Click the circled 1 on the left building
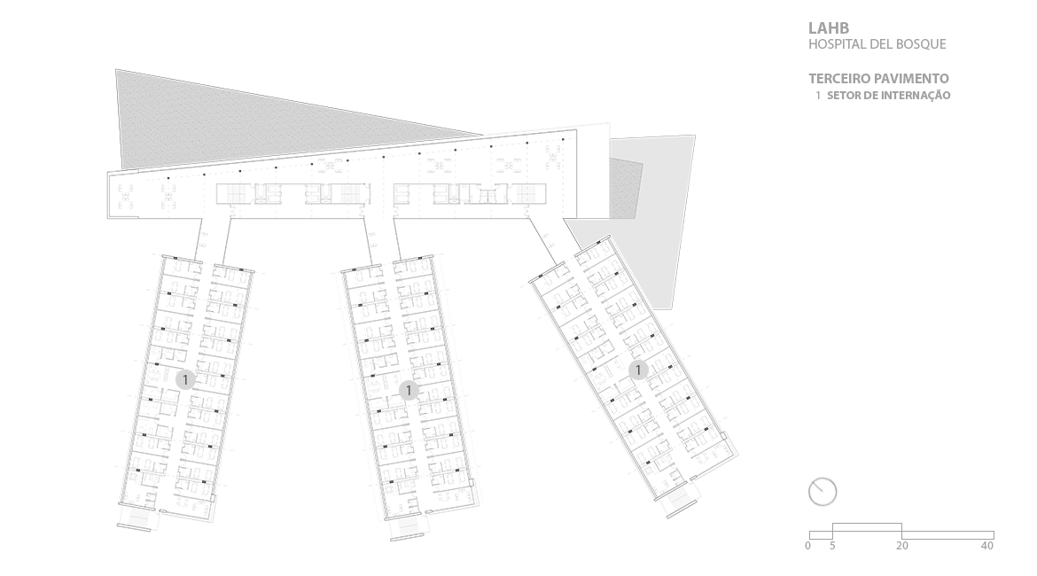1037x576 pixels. tap(184, 379)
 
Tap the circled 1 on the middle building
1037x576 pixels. tap(408, 390)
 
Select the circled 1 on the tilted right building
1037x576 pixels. tap(638, 370)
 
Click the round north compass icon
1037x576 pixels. tap(823, 492)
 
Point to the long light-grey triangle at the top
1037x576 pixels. tap(266, 120)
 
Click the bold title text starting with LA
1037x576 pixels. tap(829, 28)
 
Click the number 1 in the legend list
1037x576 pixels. tap(819, 95)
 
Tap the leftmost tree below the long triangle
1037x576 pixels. tap(130, 195)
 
